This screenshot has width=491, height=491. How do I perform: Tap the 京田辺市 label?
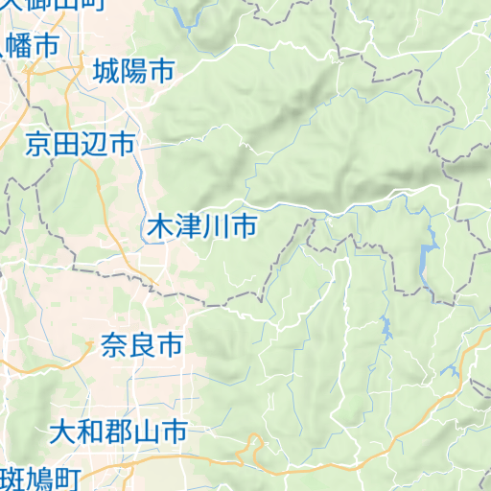click(x=80, y=145)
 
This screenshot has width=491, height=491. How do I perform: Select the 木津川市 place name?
click(x=201, y=228)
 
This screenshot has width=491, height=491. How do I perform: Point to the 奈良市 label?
click(x=141, y=344)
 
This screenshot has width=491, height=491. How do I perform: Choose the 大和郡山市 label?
click(x=118, y=432)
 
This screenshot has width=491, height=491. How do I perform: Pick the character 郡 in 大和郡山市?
click(x=118, y=432)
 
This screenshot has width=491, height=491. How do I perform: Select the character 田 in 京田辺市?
click(x=66, y=145)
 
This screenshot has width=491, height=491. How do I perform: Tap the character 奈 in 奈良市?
click(x=113, y=344)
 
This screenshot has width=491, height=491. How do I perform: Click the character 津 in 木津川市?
click(x=188, y=228)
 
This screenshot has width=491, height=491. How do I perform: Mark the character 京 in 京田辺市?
click(x=38, y=145)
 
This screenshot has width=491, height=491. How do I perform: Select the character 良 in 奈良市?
click(x=141, y=344)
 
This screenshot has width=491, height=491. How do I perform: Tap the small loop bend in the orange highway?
click(x=254, y=444)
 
